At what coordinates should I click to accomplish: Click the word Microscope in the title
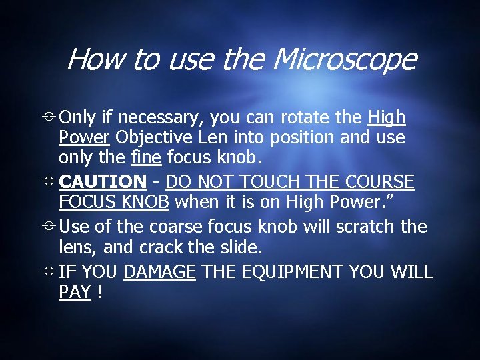[345, 60]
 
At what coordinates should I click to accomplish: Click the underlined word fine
[145, 158]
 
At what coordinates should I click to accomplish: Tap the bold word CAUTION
[103, 181]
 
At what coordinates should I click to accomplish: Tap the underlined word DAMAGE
[159, 271]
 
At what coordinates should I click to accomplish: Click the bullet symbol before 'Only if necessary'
[49, 119]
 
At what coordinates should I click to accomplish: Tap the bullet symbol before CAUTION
[49, 182]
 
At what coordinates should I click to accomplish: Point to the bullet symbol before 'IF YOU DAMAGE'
[49, 272]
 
